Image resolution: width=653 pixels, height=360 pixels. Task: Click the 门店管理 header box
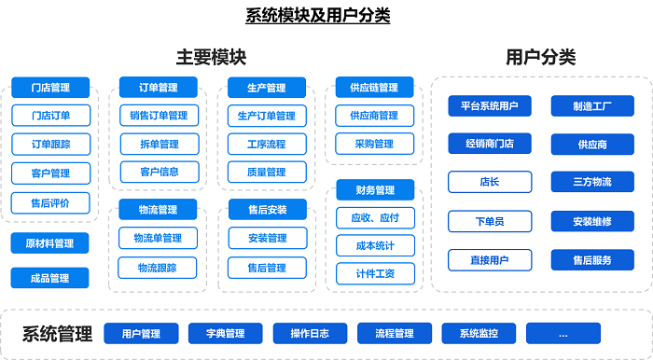click(x=50, y=88)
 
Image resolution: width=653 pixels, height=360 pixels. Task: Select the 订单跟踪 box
click(x=50, y=145)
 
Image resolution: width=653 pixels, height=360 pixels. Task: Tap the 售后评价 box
click(x=50, y=202)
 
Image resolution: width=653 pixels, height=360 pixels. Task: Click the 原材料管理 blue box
click(x=50, y=243)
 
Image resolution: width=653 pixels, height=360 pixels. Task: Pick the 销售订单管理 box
click(x=159, y=116)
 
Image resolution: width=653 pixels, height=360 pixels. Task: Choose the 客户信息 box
click(x=159, y=172)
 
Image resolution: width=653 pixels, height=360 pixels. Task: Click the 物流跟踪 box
click(x=159, y=268)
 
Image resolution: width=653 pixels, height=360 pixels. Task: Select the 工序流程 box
click(x=267, y=145)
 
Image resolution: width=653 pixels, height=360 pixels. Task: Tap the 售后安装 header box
click(x=267, y=210)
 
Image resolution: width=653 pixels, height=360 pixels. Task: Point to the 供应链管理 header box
click(x=374, y=88)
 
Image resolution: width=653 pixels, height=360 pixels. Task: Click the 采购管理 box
click(x=374, y=145)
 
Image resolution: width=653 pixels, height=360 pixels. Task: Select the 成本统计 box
click(x=376, y=246)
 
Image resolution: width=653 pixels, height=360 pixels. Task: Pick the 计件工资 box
click(x=376, y=274)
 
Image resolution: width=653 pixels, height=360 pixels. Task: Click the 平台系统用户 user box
click(x=490, y=106)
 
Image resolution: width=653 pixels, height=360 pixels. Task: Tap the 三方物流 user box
click(x=592, y=182)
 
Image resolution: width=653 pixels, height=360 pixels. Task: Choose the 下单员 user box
click(x=490, y=221)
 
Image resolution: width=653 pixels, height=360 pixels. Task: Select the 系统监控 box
click(x=478, y=333)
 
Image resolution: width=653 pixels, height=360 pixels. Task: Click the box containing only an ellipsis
click(x=563, y=333)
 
